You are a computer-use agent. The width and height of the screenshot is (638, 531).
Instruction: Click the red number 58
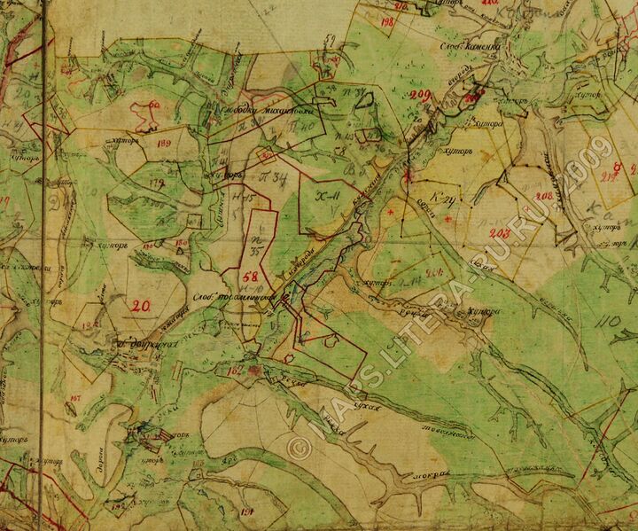(x=250, y=277)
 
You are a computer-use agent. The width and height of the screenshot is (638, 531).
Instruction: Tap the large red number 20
(x=139, y=307)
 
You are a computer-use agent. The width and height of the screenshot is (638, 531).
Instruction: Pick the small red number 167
(x=74, y=400)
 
